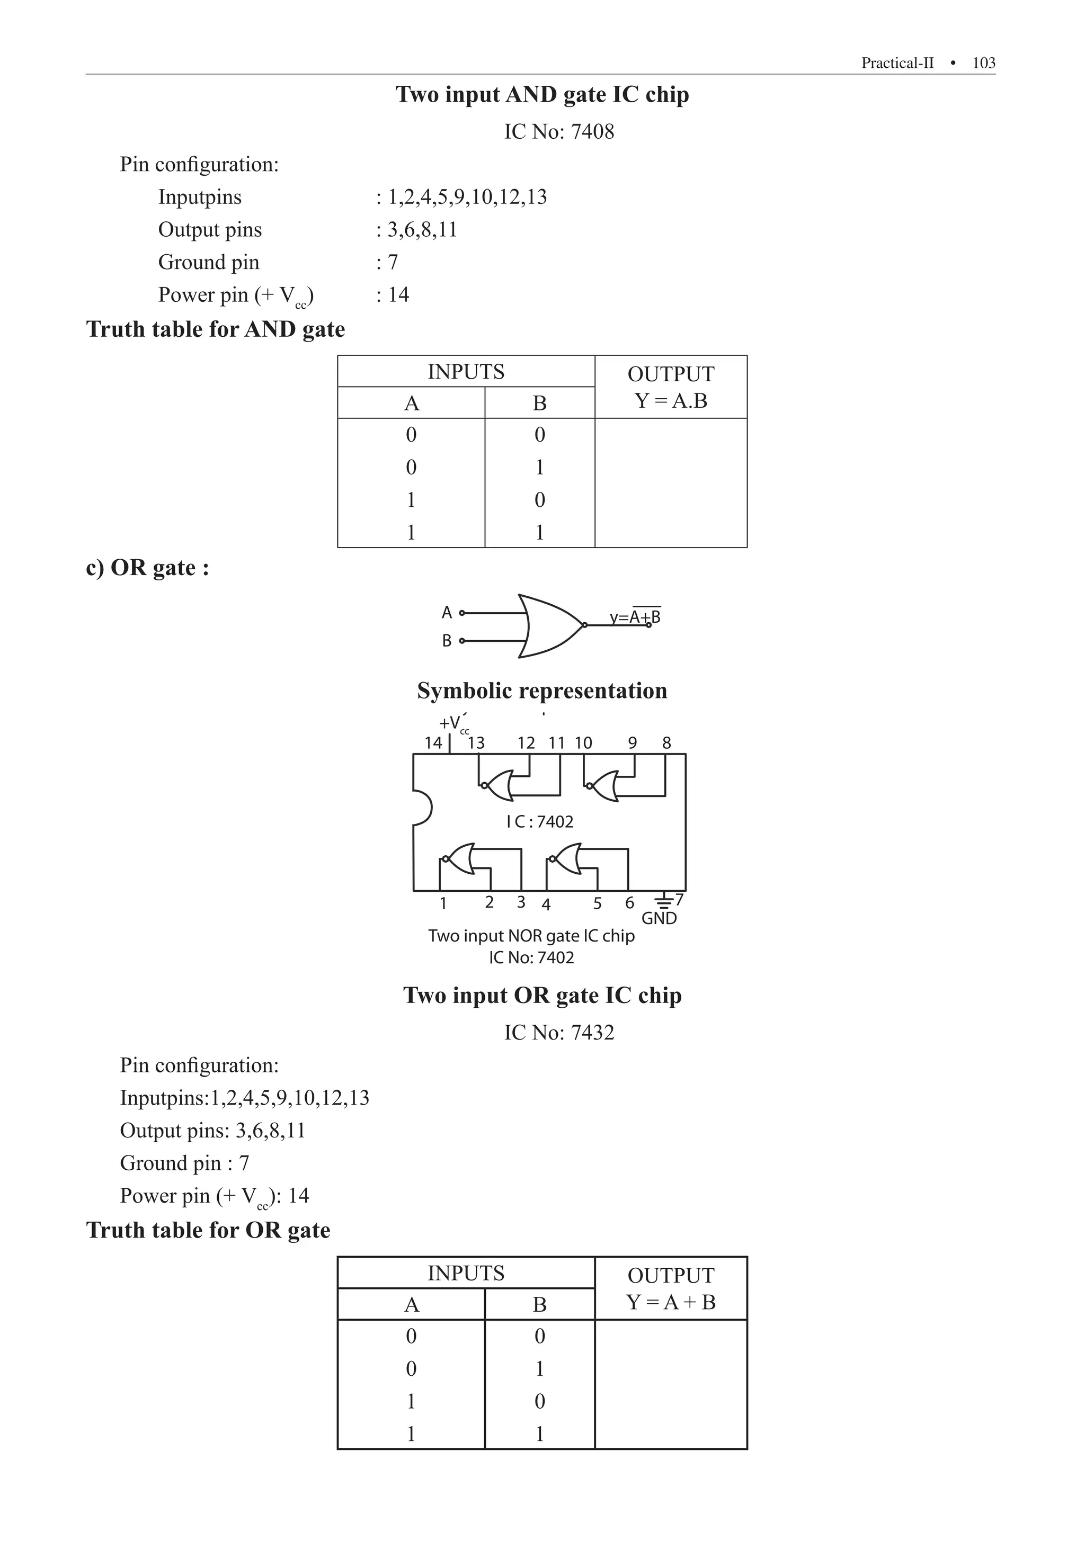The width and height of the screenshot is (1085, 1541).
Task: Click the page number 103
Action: click(x=984, y=63)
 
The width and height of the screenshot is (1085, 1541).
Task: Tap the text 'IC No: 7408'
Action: click(x=558, y=131)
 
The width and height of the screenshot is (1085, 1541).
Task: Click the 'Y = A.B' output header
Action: click(x=671, y=401)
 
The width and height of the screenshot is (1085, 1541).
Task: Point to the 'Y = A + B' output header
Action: click(x=671, y=1302)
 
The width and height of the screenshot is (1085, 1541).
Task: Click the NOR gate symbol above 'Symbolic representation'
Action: click(x=550, y=625)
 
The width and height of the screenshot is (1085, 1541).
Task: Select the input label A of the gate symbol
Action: click(x=447, y=612)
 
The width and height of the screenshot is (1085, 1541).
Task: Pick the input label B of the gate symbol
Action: click(x=447, y=641)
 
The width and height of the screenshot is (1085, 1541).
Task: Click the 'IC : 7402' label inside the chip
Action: click(x=540, y=821)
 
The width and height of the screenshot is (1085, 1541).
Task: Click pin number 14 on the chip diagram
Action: click(x=433, y=743)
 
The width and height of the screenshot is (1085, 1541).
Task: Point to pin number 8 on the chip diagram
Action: click(x=666, y=743)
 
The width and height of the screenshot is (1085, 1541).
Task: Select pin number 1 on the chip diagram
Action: click(x=443, y=903)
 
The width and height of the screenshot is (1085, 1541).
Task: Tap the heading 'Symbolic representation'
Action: click(x=542, y=691)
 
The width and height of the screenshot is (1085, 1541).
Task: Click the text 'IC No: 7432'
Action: click(x=558, y=1032)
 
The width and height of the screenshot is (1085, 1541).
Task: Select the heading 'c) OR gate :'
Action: click(x=148, y=568)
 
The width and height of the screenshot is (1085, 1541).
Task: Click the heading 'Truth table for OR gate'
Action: click(x=208, y=1230)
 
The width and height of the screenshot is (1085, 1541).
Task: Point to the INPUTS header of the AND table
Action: click(x=466, y=372)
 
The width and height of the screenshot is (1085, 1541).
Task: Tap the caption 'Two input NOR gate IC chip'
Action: click(x=531, y=936)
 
